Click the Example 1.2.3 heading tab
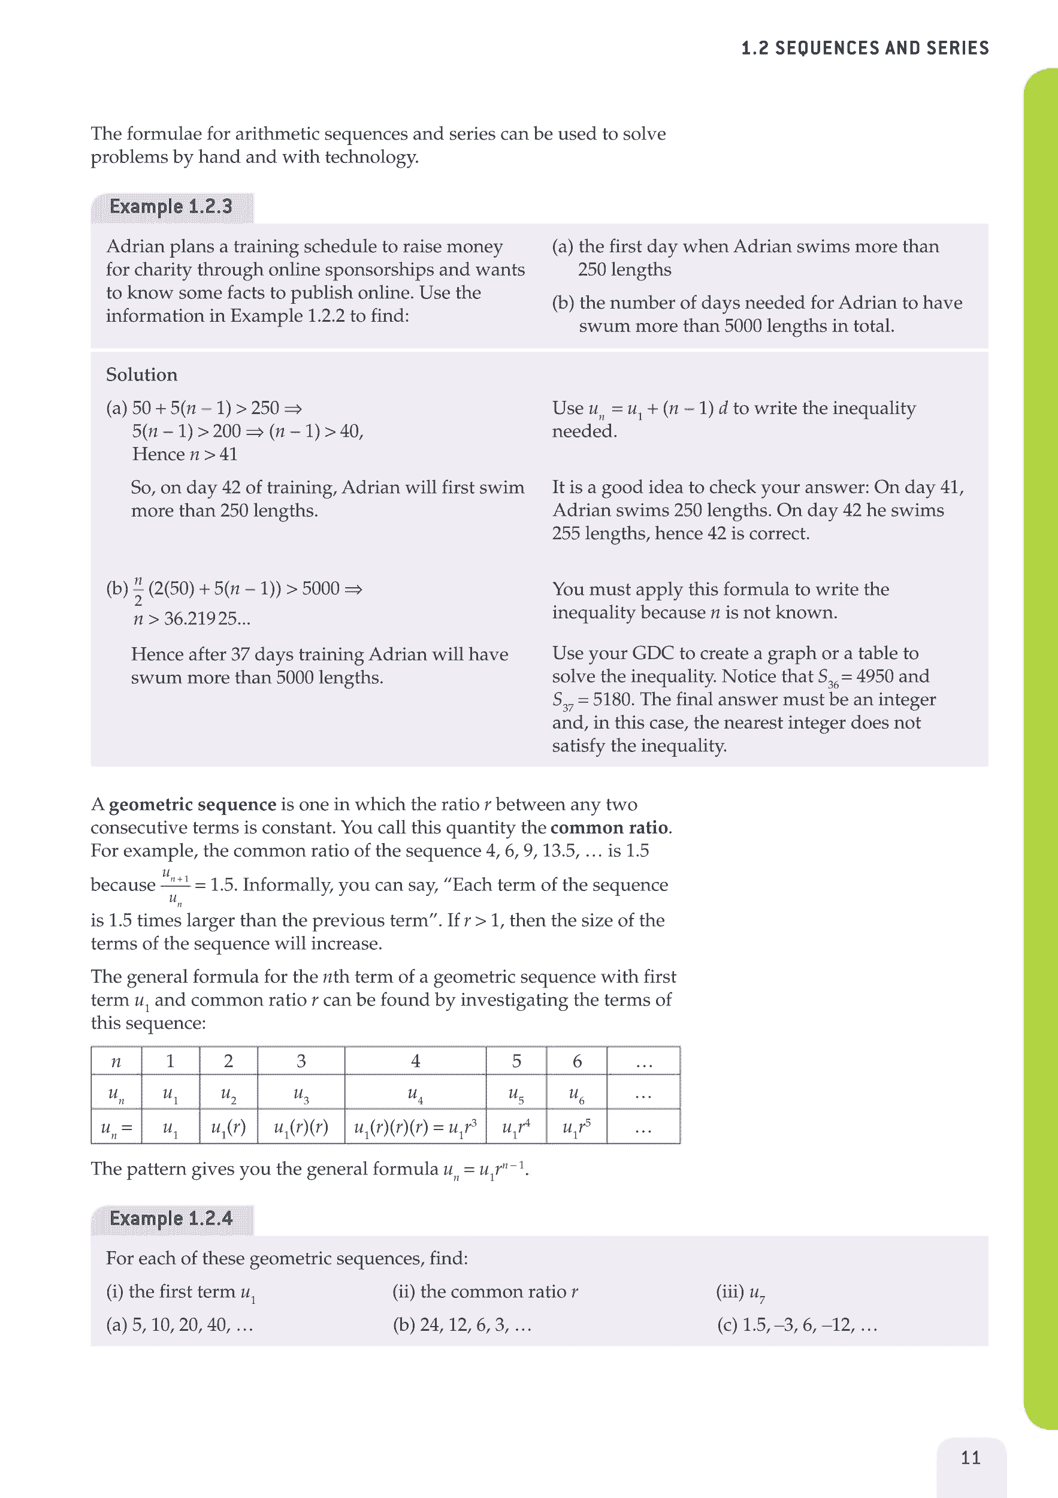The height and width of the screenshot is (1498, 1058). tap(171, 207)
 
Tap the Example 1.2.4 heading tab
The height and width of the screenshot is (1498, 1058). tap(171, 1218)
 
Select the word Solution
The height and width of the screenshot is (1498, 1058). tap(141, 374)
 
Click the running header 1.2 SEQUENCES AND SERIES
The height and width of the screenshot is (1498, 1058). tap(865, 49)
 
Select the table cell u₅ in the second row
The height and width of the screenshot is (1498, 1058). tap(516, 1094)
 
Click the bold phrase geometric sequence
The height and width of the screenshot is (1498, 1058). tap(192, 805)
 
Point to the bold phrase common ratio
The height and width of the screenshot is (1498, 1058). tap(609, 827)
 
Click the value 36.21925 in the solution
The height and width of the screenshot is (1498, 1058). tap(206, 618)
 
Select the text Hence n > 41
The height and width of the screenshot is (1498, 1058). tap(185, 454)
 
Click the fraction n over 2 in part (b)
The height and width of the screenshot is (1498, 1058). tap(138, 590)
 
